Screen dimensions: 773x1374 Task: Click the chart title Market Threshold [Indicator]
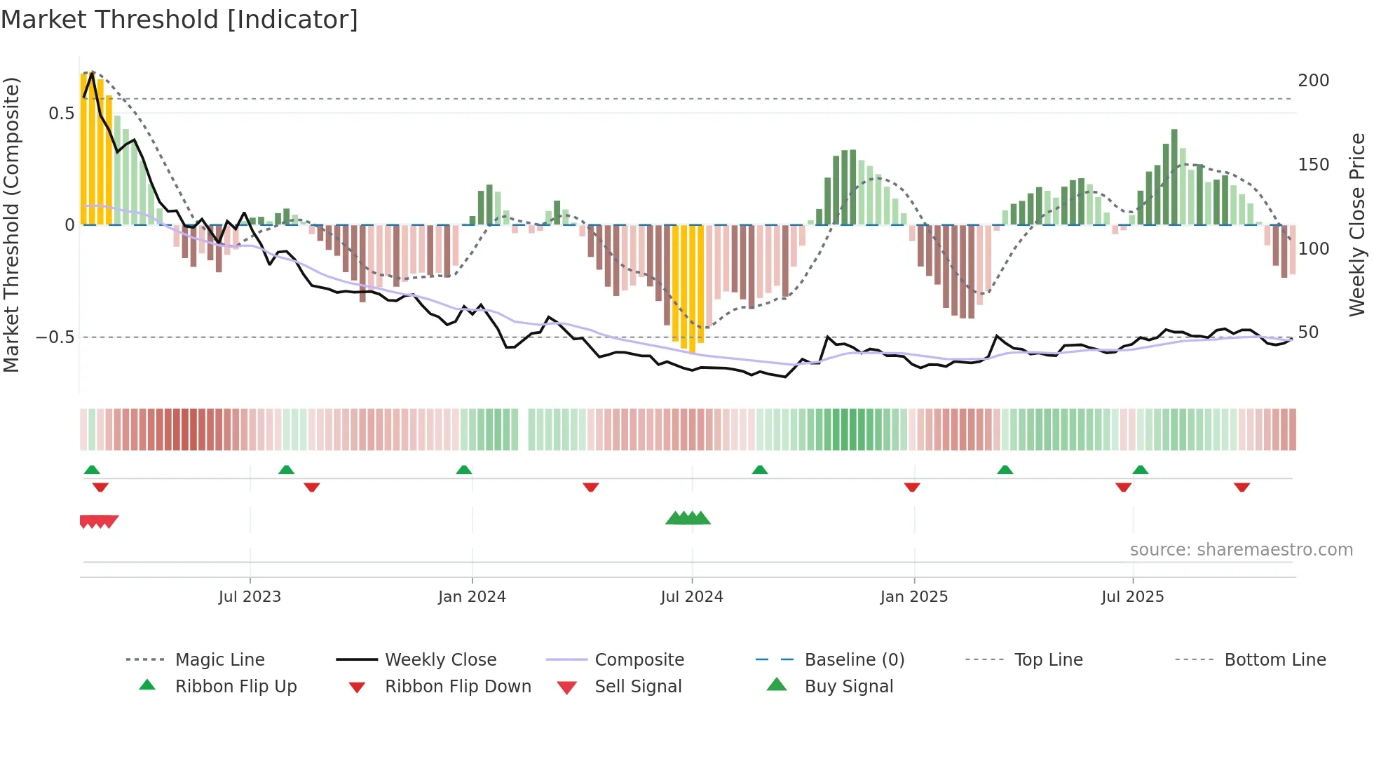coord(179,20)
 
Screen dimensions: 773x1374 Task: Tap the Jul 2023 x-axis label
coord(250,597)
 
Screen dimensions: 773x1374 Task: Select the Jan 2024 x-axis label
coord(472,597)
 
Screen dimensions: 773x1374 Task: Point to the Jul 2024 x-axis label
coord(692,597)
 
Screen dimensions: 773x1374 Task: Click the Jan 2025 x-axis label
coord(914,597)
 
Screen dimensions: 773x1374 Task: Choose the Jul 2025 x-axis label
coord(1133,597)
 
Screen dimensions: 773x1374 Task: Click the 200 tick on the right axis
coord(1313,81)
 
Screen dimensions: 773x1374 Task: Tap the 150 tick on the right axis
coord(1313,165)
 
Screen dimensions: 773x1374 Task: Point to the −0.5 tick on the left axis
coord(55,337)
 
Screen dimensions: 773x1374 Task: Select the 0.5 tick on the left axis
coord(61,114)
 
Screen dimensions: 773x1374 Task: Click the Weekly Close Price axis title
coord(1357,224)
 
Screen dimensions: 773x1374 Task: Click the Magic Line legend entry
coord(219,660)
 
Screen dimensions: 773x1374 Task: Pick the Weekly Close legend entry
coord(440,660)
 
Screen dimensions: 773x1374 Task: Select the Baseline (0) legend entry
coord(854,660)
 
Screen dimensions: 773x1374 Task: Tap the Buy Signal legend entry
coord(848,687)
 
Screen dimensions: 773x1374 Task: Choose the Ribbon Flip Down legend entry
coord(458,687)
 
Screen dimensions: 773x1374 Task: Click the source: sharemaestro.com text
coord(1241,550)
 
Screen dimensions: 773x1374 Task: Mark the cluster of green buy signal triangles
coord(688,518)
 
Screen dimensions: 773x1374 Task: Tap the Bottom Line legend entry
coord(1274,660)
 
